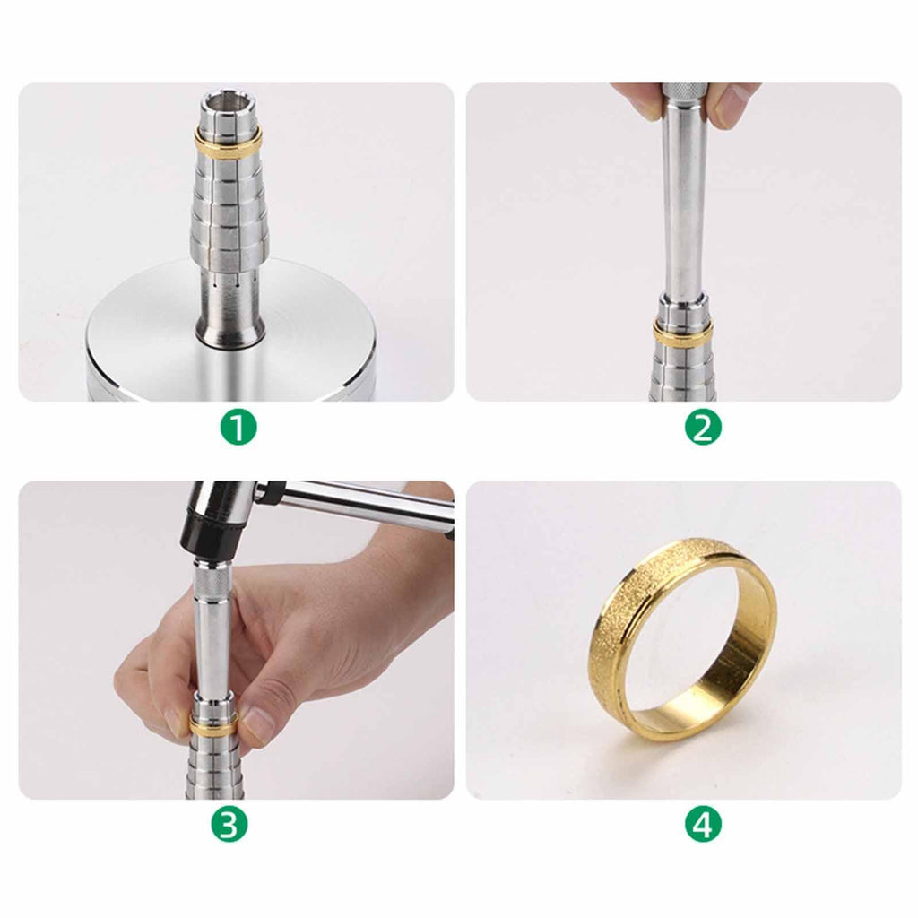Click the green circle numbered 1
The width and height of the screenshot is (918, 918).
coord(238,428)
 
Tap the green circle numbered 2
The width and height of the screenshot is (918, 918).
coord(703,428)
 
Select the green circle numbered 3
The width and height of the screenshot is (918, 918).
coord(229,826)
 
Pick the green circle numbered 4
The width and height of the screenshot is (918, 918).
coord(703,826)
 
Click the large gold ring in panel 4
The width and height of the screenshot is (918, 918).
coord(682,638)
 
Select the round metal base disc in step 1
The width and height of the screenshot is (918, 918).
coord(230,333)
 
